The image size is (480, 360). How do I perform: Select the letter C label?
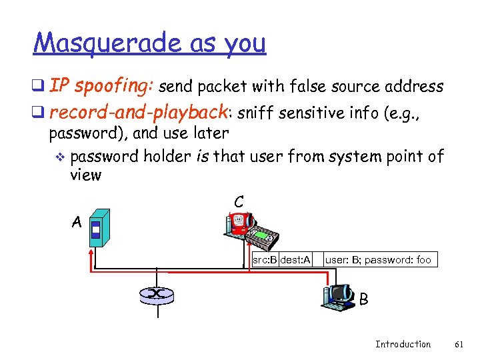coord(238,201)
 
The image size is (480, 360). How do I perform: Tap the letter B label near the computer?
coord(363,300)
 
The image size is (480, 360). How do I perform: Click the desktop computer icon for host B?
coord(339,296)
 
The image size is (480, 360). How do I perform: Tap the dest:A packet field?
coord(295,259)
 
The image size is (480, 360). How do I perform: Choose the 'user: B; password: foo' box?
coord(379,259)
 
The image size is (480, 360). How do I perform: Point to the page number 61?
coord(459,344)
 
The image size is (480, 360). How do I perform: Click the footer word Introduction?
coord(403,344)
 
